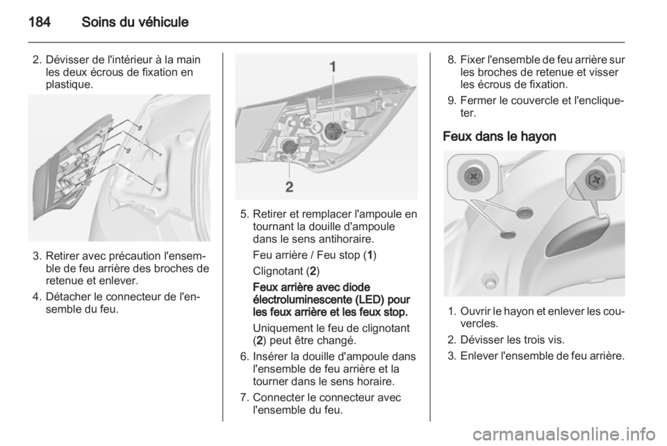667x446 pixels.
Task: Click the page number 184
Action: pos(40,22)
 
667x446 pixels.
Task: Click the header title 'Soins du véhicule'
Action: pos(135,22)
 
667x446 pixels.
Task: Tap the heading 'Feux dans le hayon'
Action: pos(500,136)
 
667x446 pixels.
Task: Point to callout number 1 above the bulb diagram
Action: pos(333,67)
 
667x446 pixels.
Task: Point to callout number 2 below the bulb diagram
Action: pos(289,187)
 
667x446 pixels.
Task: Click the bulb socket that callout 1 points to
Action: pos(332,130)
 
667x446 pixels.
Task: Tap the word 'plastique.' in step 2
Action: pos(69,85)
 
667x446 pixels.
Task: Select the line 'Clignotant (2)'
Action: pos(286,271)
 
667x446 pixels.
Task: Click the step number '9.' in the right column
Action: pos(452,101)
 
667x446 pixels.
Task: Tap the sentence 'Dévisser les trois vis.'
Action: pos(513,340)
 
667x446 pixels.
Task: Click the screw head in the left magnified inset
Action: pos(472,175)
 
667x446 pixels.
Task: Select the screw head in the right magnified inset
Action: pos(595,180)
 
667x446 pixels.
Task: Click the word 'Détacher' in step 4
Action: pos(65,297)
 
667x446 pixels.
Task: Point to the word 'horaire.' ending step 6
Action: pos(376,381)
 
